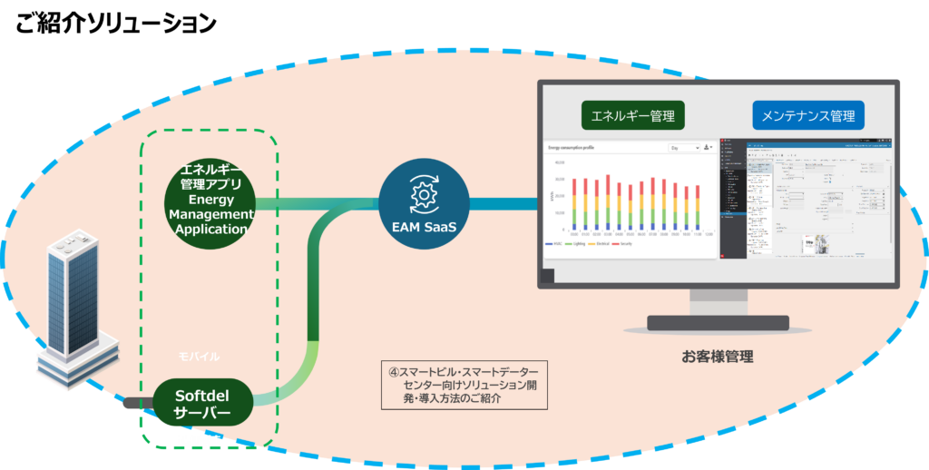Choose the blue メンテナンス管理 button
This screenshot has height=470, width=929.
[x=807, y=116]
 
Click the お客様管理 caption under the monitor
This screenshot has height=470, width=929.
[x=717, y=357]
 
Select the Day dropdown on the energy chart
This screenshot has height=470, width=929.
[x=683, y=147]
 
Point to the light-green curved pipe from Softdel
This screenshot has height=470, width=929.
[x=299, y=381]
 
